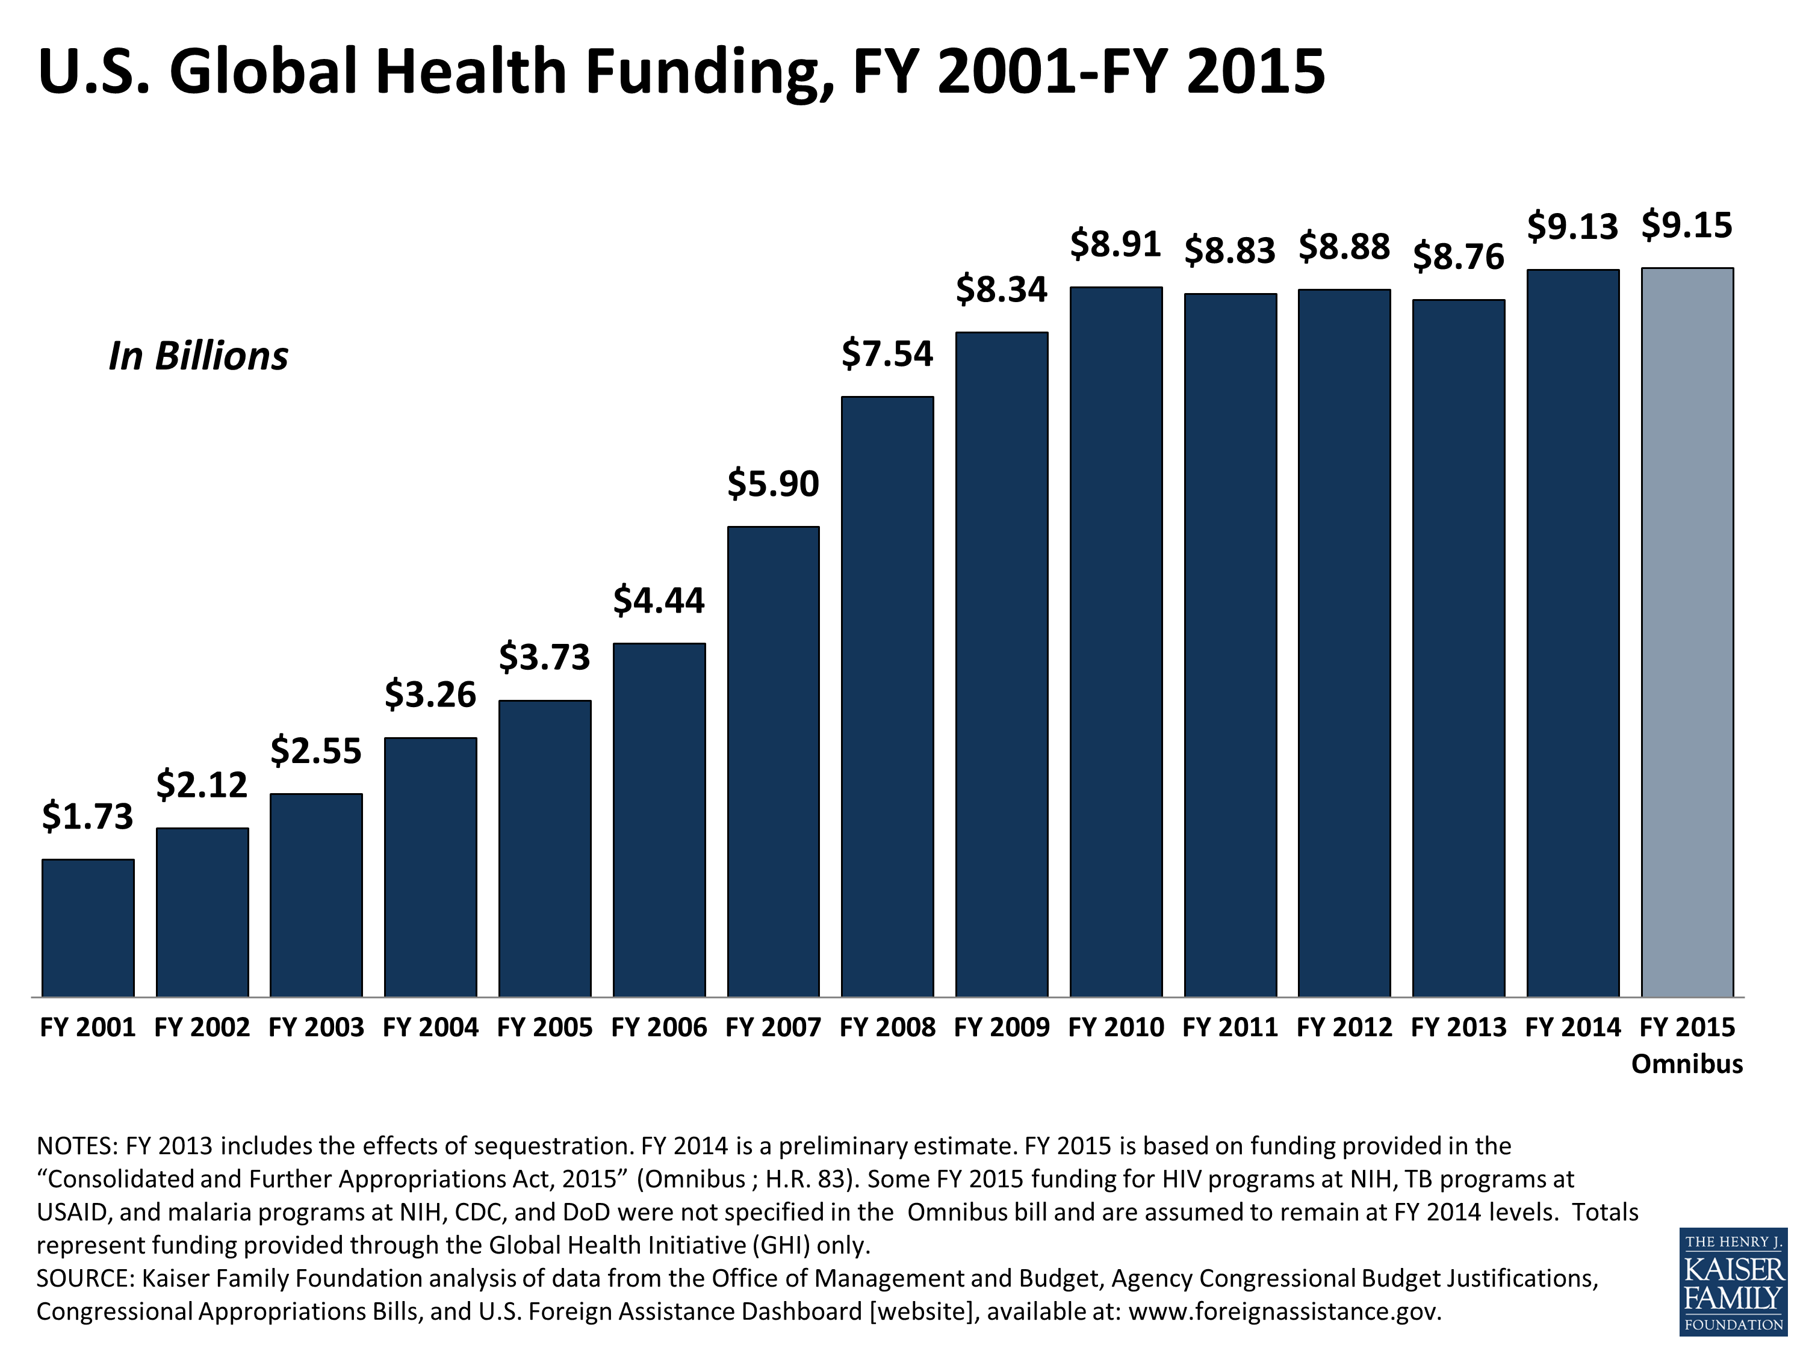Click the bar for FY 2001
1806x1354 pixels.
88,927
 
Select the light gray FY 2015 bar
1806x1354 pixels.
1687,632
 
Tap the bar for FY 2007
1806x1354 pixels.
773,761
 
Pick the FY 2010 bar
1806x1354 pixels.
1116,641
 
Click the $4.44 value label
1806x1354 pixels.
658,601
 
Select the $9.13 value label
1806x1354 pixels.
1572,227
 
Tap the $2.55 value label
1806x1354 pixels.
316,751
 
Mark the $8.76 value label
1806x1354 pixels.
1458,257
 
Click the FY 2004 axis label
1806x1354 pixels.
430,1027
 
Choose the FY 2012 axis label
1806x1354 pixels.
1344,1027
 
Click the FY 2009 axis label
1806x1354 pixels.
1002,1027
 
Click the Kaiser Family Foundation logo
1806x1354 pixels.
1733,1281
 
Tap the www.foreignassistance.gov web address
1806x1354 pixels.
1284,1311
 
